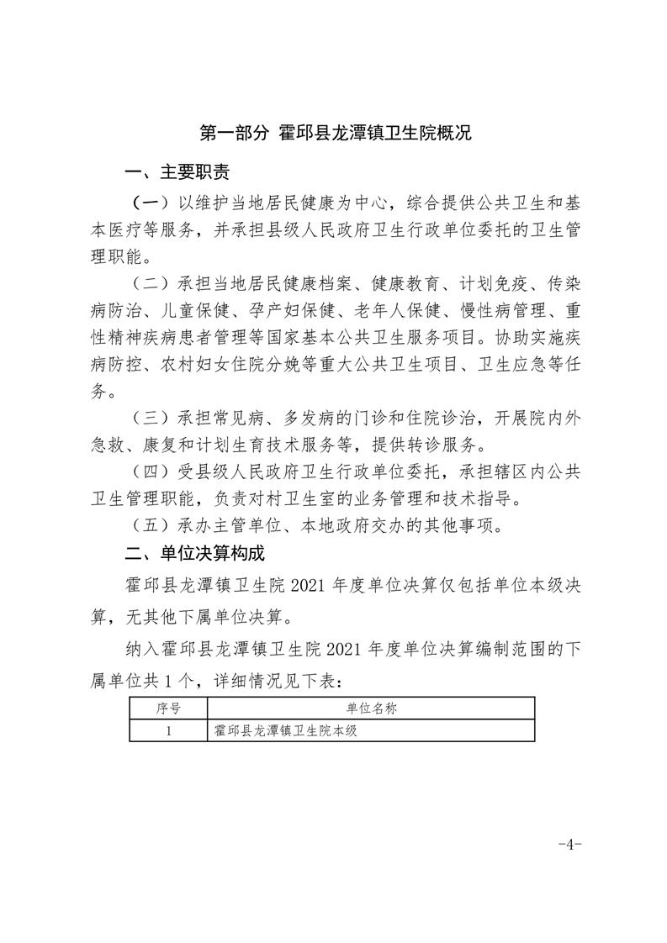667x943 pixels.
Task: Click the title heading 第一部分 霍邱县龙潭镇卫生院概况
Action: point(334,134)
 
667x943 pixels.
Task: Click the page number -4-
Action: point(569,844)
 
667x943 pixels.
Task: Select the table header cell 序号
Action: point(168,709)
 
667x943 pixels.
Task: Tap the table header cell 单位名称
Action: point(371,709)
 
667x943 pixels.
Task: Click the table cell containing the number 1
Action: point(168,730)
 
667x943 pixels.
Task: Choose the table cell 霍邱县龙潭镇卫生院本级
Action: point(287,730)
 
